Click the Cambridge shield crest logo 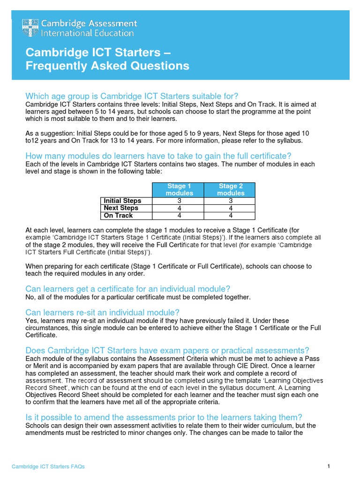pyautogui.click(x=30, y=28)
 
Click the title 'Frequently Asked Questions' pyautogui.click(x=107, y=66)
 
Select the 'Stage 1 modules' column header pyautogui.click(x=180, y=190)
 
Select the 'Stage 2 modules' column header pyautogui.click(x=231, y=190)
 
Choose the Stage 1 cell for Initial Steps pyautogui.click(x=180, y=201)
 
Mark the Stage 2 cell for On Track pyautogui.click(x=231, y=216)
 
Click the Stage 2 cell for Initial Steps pyautogui.click(x=231, y=201)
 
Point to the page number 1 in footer pyautogui.click(x=329, y=466)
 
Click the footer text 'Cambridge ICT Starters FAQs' pyautogui.click(x=48, y=466)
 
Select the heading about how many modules pyautogui.click(x=158, y=156)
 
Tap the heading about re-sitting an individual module pyautogui.click(x=103, y=313)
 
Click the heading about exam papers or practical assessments pyautogui.click(x=167, y=351)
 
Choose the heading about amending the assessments pyautogui.click(x=164, y=418)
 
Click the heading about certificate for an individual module pyautogui.click(x=128, y=289)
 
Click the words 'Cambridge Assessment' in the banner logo pyautogui.click(x=90, y=23)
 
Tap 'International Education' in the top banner pyautogui.click(x=88, y=33)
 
